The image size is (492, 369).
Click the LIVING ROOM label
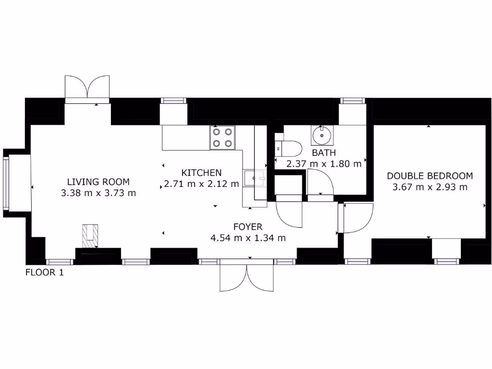tap(98, 182)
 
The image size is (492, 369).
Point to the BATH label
tap(324, 153)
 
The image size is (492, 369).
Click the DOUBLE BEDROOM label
tap(430, 176)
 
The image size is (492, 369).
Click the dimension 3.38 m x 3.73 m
tap(98, 194)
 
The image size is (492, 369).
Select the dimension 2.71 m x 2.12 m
tap(201, 184)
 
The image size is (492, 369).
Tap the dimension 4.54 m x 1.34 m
tap(248, 238)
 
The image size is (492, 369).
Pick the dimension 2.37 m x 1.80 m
tap(324, 164)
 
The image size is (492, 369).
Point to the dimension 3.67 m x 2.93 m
tap(430, 187)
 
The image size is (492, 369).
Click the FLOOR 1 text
tap(44, 273)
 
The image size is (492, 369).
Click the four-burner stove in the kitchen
tap(222, 137)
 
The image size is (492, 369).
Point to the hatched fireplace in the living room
tap(90, 236)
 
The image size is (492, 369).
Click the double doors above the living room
tap(87, 88)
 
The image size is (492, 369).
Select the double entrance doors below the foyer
tap(246, 277)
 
